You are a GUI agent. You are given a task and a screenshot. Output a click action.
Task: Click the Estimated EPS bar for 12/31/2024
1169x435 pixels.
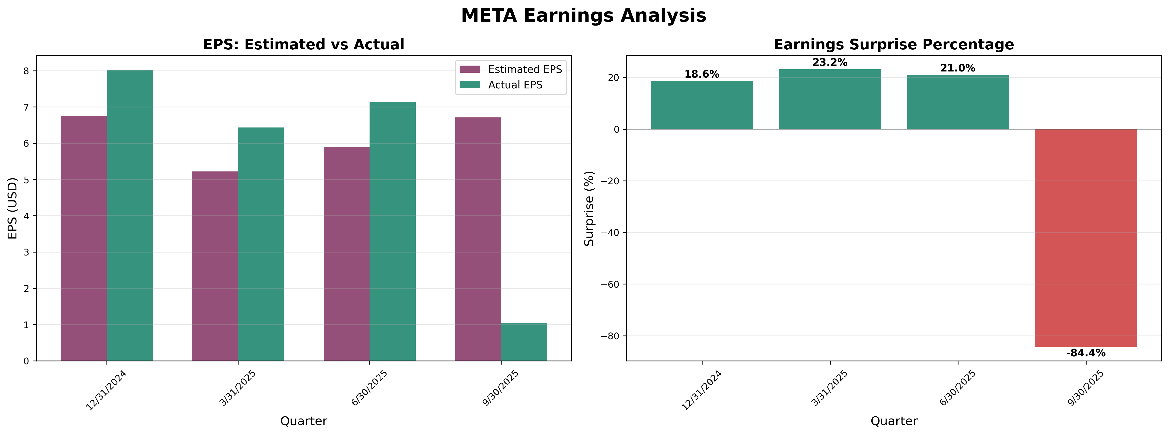(83, 239)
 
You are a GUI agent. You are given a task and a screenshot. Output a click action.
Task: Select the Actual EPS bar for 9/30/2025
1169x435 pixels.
(524, 342)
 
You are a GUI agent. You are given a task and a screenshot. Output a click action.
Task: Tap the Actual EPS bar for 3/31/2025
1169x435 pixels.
(261, 244)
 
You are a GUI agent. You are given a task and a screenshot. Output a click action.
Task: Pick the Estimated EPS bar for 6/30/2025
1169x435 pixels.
(346, 254)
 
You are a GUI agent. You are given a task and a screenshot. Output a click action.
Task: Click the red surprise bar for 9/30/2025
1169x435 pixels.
(1086, 238)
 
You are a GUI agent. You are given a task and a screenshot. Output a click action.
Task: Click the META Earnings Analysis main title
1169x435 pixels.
(584, 15)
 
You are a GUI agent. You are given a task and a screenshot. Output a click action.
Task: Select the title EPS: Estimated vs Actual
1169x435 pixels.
(304, 44)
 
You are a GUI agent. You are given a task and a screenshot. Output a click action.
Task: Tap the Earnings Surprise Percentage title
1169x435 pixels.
(893, 44)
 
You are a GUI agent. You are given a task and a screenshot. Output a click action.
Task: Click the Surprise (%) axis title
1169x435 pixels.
(589, 209)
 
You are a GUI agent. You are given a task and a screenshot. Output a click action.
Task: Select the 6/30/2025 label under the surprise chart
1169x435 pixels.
(957, 389)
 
